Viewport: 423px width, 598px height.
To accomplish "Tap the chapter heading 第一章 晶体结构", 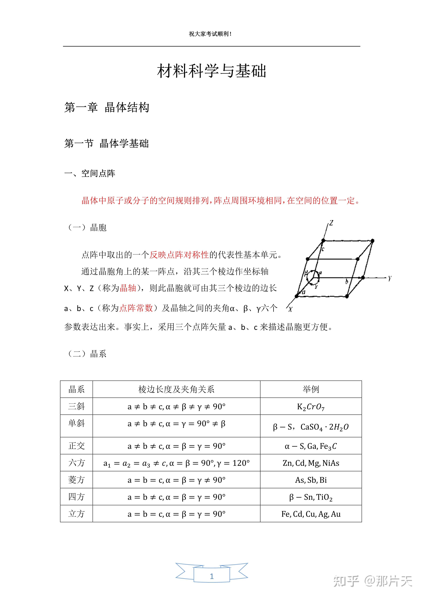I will coord(107,108).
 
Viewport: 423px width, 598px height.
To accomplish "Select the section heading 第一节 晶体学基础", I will coord(107,144).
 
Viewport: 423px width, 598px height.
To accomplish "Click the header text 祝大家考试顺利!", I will coord(210,34).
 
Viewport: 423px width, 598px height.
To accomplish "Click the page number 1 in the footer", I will coord(211,576).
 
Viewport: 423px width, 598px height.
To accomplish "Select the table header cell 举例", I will coord(311,389).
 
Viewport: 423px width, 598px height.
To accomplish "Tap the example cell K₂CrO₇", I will coord(311,407).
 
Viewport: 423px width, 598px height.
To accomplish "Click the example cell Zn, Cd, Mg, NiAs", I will coord(311,463).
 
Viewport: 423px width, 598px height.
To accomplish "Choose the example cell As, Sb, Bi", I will coord(311,480).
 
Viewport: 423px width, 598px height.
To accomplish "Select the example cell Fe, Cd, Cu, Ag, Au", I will coord(311,514).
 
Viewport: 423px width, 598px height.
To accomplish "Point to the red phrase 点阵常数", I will coord(136,308).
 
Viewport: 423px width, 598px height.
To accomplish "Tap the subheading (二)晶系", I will coord(87,354).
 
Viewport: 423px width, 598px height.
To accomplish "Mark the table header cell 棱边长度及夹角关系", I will coord(176,389).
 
